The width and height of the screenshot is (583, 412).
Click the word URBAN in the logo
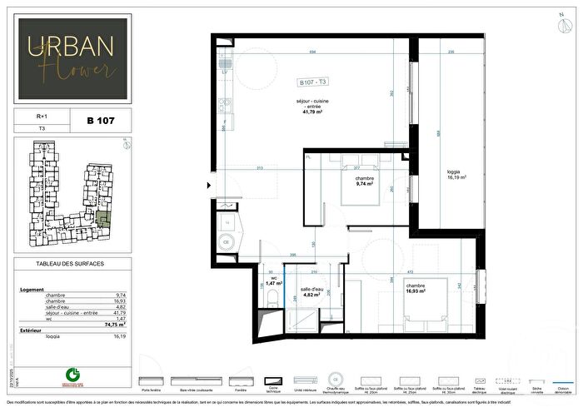72,47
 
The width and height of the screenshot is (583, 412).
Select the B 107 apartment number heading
101,121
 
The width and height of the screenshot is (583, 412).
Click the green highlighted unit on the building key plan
103,220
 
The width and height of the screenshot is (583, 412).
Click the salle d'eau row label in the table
34,306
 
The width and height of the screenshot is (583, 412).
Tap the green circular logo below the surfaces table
72,375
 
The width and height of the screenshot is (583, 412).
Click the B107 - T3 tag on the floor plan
313,82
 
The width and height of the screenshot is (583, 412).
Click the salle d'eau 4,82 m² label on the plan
311,290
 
